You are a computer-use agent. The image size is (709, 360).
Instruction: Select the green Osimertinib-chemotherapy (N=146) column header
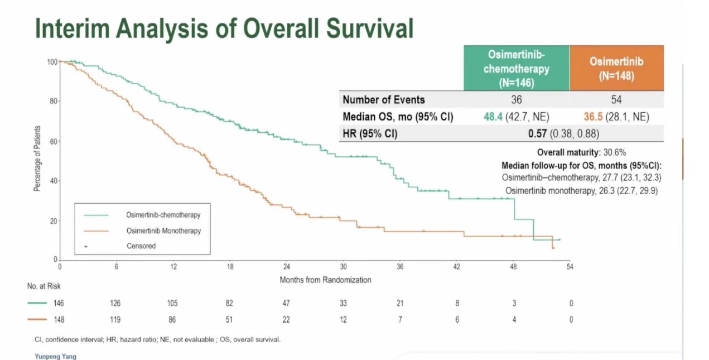point(516,68)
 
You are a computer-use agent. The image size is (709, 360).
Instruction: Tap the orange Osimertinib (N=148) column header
point(616,68)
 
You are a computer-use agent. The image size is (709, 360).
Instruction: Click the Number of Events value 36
point(516,100)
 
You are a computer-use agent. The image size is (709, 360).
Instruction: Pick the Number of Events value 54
point(616,100)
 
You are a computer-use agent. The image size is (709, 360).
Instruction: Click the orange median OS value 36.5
point(591,117)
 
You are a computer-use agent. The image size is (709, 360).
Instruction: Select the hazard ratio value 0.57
point(538,133)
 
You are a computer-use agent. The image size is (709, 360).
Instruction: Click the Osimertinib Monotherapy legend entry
point(163,231)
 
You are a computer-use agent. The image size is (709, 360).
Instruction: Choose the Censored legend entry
point(141,246)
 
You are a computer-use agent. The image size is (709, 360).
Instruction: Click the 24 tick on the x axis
point(287,267)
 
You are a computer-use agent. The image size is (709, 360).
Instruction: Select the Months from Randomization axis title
point(325,280)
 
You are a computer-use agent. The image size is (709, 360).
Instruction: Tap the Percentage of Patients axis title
point(37,161)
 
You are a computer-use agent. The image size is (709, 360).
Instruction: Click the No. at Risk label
point(44,286)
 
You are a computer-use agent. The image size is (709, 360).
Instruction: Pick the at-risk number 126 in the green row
point(115,304)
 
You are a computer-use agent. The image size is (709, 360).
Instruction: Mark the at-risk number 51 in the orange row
point(229,320)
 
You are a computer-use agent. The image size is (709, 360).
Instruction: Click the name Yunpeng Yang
point(55,356)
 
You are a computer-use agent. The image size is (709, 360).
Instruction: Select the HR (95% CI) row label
point(370,133)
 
